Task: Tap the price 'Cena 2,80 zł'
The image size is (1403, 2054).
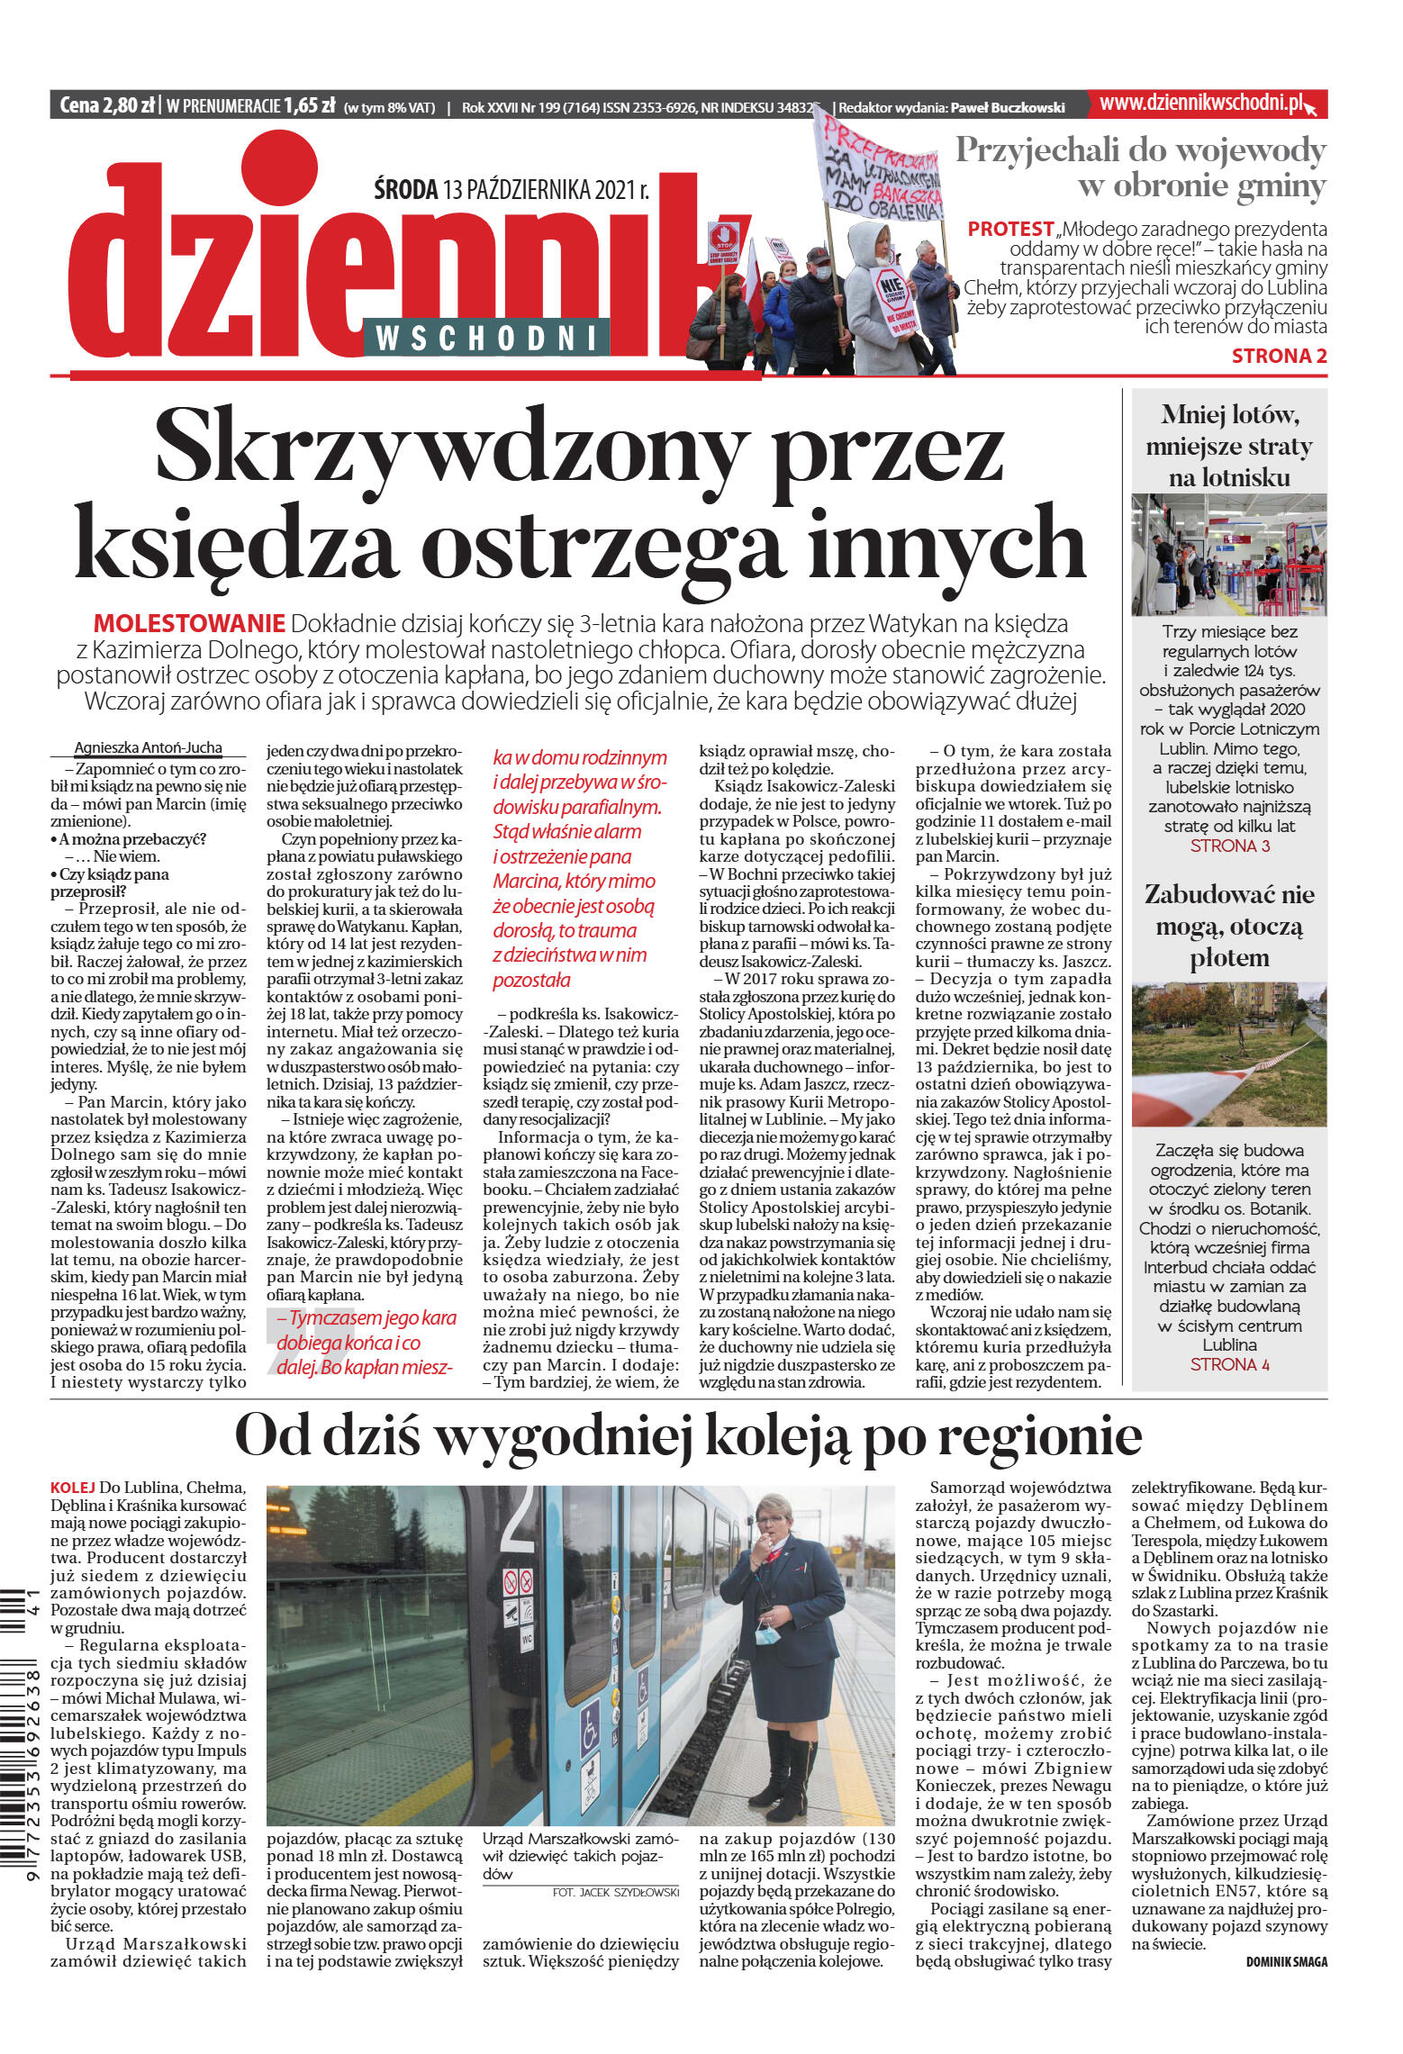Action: (106, 105)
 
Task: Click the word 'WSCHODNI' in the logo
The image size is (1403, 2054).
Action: (486, 338)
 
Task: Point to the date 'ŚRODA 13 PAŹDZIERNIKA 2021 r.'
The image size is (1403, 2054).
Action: (511, 190)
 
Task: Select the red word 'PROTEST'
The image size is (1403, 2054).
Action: (1010, 229)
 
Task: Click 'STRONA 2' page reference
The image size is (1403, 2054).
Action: (1279, 356)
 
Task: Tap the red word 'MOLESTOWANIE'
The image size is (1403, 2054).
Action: (189, 623)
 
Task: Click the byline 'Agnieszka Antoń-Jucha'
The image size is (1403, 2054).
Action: (148, 747)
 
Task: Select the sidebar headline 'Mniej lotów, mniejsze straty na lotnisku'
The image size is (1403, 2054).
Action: (1228, 446)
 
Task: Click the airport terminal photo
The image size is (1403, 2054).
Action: (1228, 554)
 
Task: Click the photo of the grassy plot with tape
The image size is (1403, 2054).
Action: (1228, 1054)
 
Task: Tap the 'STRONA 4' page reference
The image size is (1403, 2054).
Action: (1229, 1364)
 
